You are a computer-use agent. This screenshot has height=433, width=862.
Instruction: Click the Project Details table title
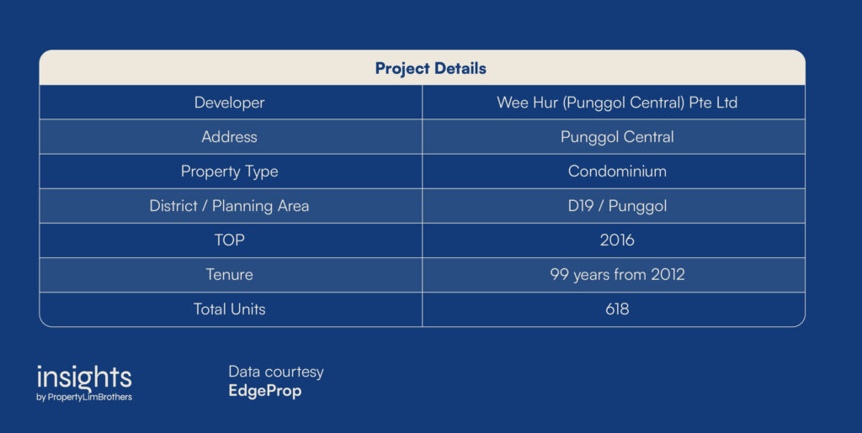430,69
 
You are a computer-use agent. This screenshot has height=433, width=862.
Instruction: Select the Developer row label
229,103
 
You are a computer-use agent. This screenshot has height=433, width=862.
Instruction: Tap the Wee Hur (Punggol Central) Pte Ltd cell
617,103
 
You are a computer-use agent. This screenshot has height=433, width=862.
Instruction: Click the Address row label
229,137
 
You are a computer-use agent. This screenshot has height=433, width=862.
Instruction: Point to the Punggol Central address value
617,137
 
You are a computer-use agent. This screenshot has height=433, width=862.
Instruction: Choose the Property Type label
229,172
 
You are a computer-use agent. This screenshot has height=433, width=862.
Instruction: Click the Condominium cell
617,172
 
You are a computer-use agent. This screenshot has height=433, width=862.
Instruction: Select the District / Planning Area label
229,206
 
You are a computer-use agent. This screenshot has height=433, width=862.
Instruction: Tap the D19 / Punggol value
617,206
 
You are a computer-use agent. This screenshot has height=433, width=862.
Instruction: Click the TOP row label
229,240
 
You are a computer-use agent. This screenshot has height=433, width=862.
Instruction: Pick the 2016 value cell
617,240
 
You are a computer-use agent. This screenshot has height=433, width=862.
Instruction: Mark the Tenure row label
229,274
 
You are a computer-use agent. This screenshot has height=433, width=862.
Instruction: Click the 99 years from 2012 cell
617,274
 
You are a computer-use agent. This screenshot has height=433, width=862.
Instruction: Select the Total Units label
229,309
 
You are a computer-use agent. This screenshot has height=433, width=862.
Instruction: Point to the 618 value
617,309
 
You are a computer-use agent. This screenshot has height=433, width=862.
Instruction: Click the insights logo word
84,378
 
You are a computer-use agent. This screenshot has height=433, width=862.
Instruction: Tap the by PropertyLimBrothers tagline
84,397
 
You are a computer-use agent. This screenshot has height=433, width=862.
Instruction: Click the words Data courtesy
276,372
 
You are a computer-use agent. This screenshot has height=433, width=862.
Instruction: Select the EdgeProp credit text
265,391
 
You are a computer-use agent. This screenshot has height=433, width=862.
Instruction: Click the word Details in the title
460,69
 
